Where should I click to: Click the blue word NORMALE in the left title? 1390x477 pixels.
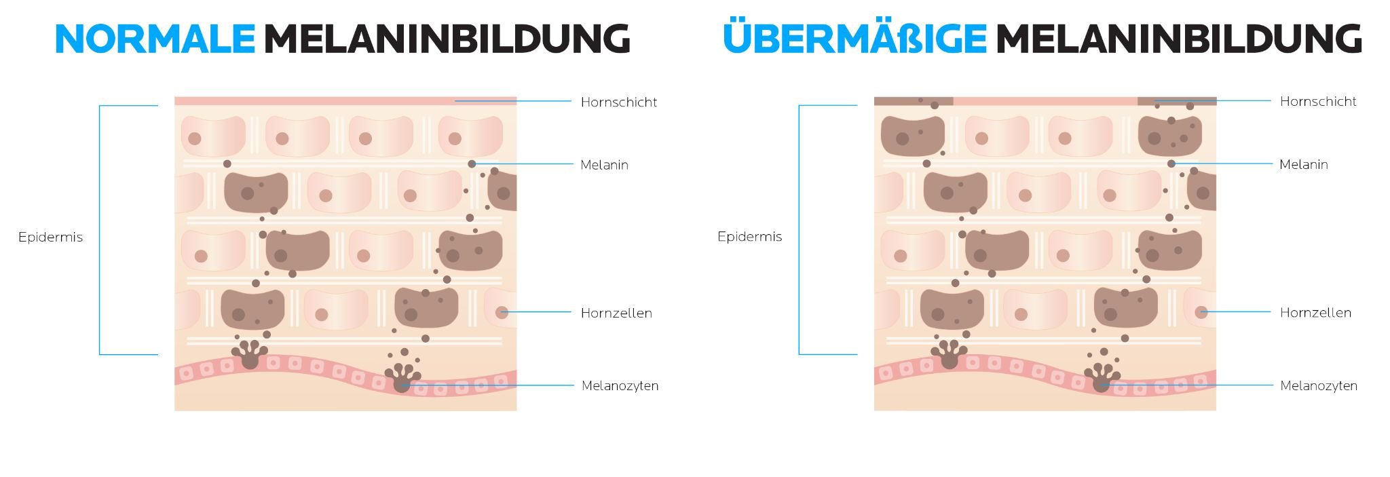[155, 39]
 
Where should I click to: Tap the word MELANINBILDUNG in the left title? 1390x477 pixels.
[447, 39]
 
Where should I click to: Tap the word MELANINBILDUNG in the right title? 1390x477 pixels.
[1179, 39]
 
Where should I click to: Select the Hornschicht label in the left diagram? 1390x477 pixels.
[619, 102]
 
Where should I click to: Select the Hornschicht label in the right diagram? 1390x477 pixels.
[1318, 102]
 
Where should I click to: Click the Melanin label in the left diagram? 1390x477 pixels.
[604, 165]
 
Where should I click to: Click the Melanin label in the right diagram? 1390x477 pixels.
[1303, 164]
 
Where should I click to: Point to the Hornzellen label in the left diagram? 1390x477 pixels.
[616, 313]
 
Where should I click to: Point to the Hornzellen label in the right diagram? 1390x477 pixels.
[1315, 312]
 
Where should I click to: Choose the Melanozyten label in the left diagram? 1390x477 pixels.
[620, 386]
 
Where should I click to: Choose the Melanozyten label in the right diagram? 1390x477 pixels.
[1319, 386]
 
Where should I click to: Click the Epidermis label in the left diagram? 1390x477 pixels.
[50, 237]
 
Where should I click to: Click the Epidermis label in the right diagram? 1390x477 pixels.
[749, 237]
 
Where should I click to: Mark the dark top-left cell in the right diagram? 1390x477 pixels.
[912, 136]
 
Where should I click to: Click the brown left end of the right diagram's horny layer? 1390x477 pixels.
[914, 101]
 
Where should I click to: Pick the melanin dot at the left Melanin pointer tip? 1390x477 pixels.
[472, 164]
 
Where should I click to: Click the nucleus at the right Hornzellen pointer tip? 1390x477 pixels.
[1201, 312]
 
